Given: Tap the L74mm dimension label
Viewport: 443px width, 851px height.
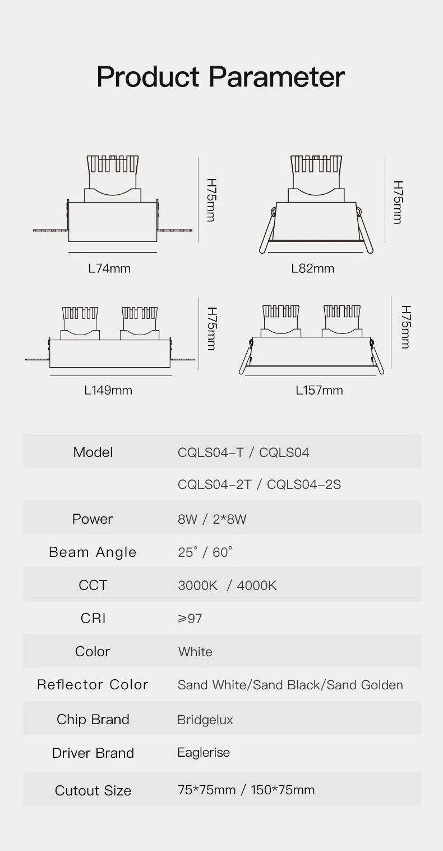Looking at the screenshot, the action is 109,268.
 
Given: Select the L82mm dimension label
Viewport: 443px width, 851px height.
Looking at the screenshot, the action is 312,268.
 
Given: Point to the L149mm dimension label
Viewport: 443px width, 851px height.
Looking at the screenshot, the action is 108,390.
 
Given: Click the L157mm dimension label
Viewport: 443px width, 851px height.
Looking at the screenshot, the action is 319,390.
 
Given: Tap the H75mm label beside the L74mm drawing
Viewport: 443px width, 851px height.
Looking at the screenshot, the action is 211,200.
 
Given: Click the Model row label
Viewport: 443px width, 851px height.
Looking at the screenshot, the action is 93,452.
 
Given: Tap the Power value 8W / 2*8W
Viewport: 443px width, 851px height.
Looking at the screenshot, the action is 212,519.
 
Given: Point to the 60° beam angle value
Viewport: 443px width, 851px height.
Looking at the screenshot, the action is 222,552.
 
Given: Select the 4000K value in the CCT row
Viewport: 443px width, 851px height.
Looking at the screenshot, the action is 257,585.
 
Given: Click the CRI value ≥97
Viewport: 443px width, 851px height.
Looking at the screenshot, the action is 190,619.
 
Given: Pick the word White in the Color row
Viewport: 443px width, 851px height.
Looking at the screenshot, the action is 195,652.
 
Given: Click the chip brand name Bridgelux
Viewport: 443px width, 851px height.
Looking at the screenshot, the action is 205,720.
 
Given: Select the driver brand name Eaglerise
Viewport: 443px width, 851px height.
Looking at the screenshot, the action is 204,752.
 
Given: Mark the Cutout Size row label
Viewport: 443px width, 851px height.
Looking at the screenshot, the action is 93,790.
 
